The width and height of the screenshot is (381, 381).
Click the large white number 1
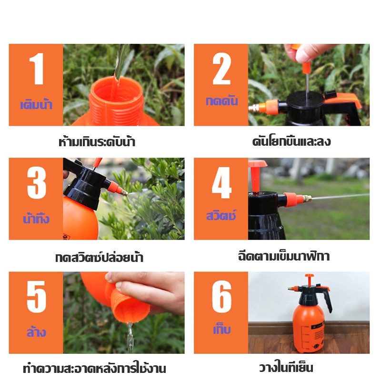37,69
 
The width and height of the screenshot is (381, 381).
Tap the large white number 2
221,69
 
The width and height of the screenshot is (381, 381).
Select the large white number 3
37,183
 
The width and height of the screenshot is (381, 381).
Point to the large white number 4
221,183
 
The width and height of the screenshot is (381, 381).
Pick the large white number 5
37,297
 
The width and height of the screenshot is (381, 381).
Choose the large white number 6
222,296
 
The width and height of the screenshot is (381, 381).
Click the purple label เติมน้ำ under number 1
36,104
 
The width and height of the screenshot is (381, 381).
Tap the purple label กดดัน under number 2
221,100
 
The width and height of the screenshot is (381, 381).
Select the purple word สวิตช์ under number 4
221,215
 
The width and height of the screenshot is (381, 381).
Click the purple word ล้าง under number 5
37,331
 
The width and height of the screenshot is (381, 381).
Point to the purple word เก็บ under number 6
221,329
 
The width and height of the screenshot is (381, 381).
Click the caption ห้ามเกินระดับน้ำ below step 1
97,141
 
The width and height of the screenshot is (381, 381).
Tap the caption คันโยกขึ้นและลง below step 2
291,141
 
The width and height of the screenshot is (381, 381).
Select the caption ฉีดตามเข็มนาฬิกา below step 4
284,256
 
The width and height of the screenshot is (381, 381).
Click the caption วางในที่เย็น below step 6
286,367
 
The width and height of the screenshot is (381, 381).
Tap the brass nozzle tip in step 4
307,199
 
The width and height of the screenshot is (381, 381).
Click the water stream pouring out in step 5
130,337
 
